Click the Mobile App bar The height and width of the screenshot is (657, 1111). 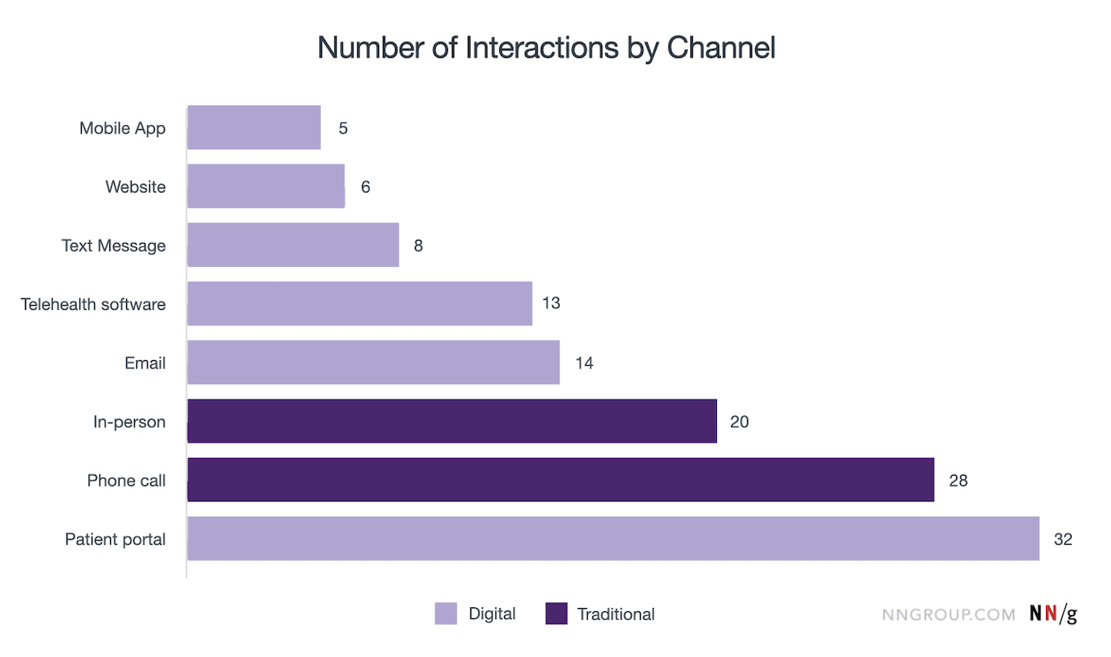tap(254, 128)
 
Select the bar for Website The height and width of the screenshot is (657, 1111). tap(266, 186)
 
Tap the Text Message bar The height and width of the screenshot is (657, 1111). tap(293, 245)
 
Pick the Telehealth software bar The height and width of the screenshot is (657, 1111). tap(360, 303)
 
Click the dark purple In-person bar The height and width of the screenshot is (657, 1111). tap(452, 421)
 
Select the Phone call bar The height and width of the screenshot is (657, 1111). tap(560, 480)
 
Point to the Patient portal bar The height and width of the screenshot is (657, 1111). tap(613, 538)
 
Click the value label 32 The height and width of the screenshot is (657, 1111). tap(1063, 539)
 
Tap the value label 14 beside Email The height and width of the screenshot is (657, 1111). tap(584, 363)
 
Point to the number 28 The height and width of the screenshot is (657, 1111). tap(958, 481)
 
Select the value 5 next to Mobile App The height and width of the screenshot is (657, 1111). tap(343, 128)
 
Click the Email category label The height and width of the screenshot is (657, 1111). tap(145, 363)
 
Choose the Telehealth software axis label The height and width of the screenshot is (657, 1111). tap(93, 304)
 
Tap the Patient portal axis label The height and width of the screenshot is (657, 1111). tap(116, 539)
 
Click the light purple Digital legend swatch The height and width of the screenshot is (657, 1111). tap(446, 614)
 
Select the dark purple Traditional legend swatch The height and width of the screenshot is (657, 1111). tap(556, 614)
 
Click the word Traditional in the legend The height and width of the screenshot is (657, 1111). tap(616, 614)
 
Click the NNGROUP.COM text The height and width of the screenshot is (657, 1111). tap(949, 614)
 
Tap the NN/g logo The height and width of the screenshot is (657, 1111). tap(1053, 614)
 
